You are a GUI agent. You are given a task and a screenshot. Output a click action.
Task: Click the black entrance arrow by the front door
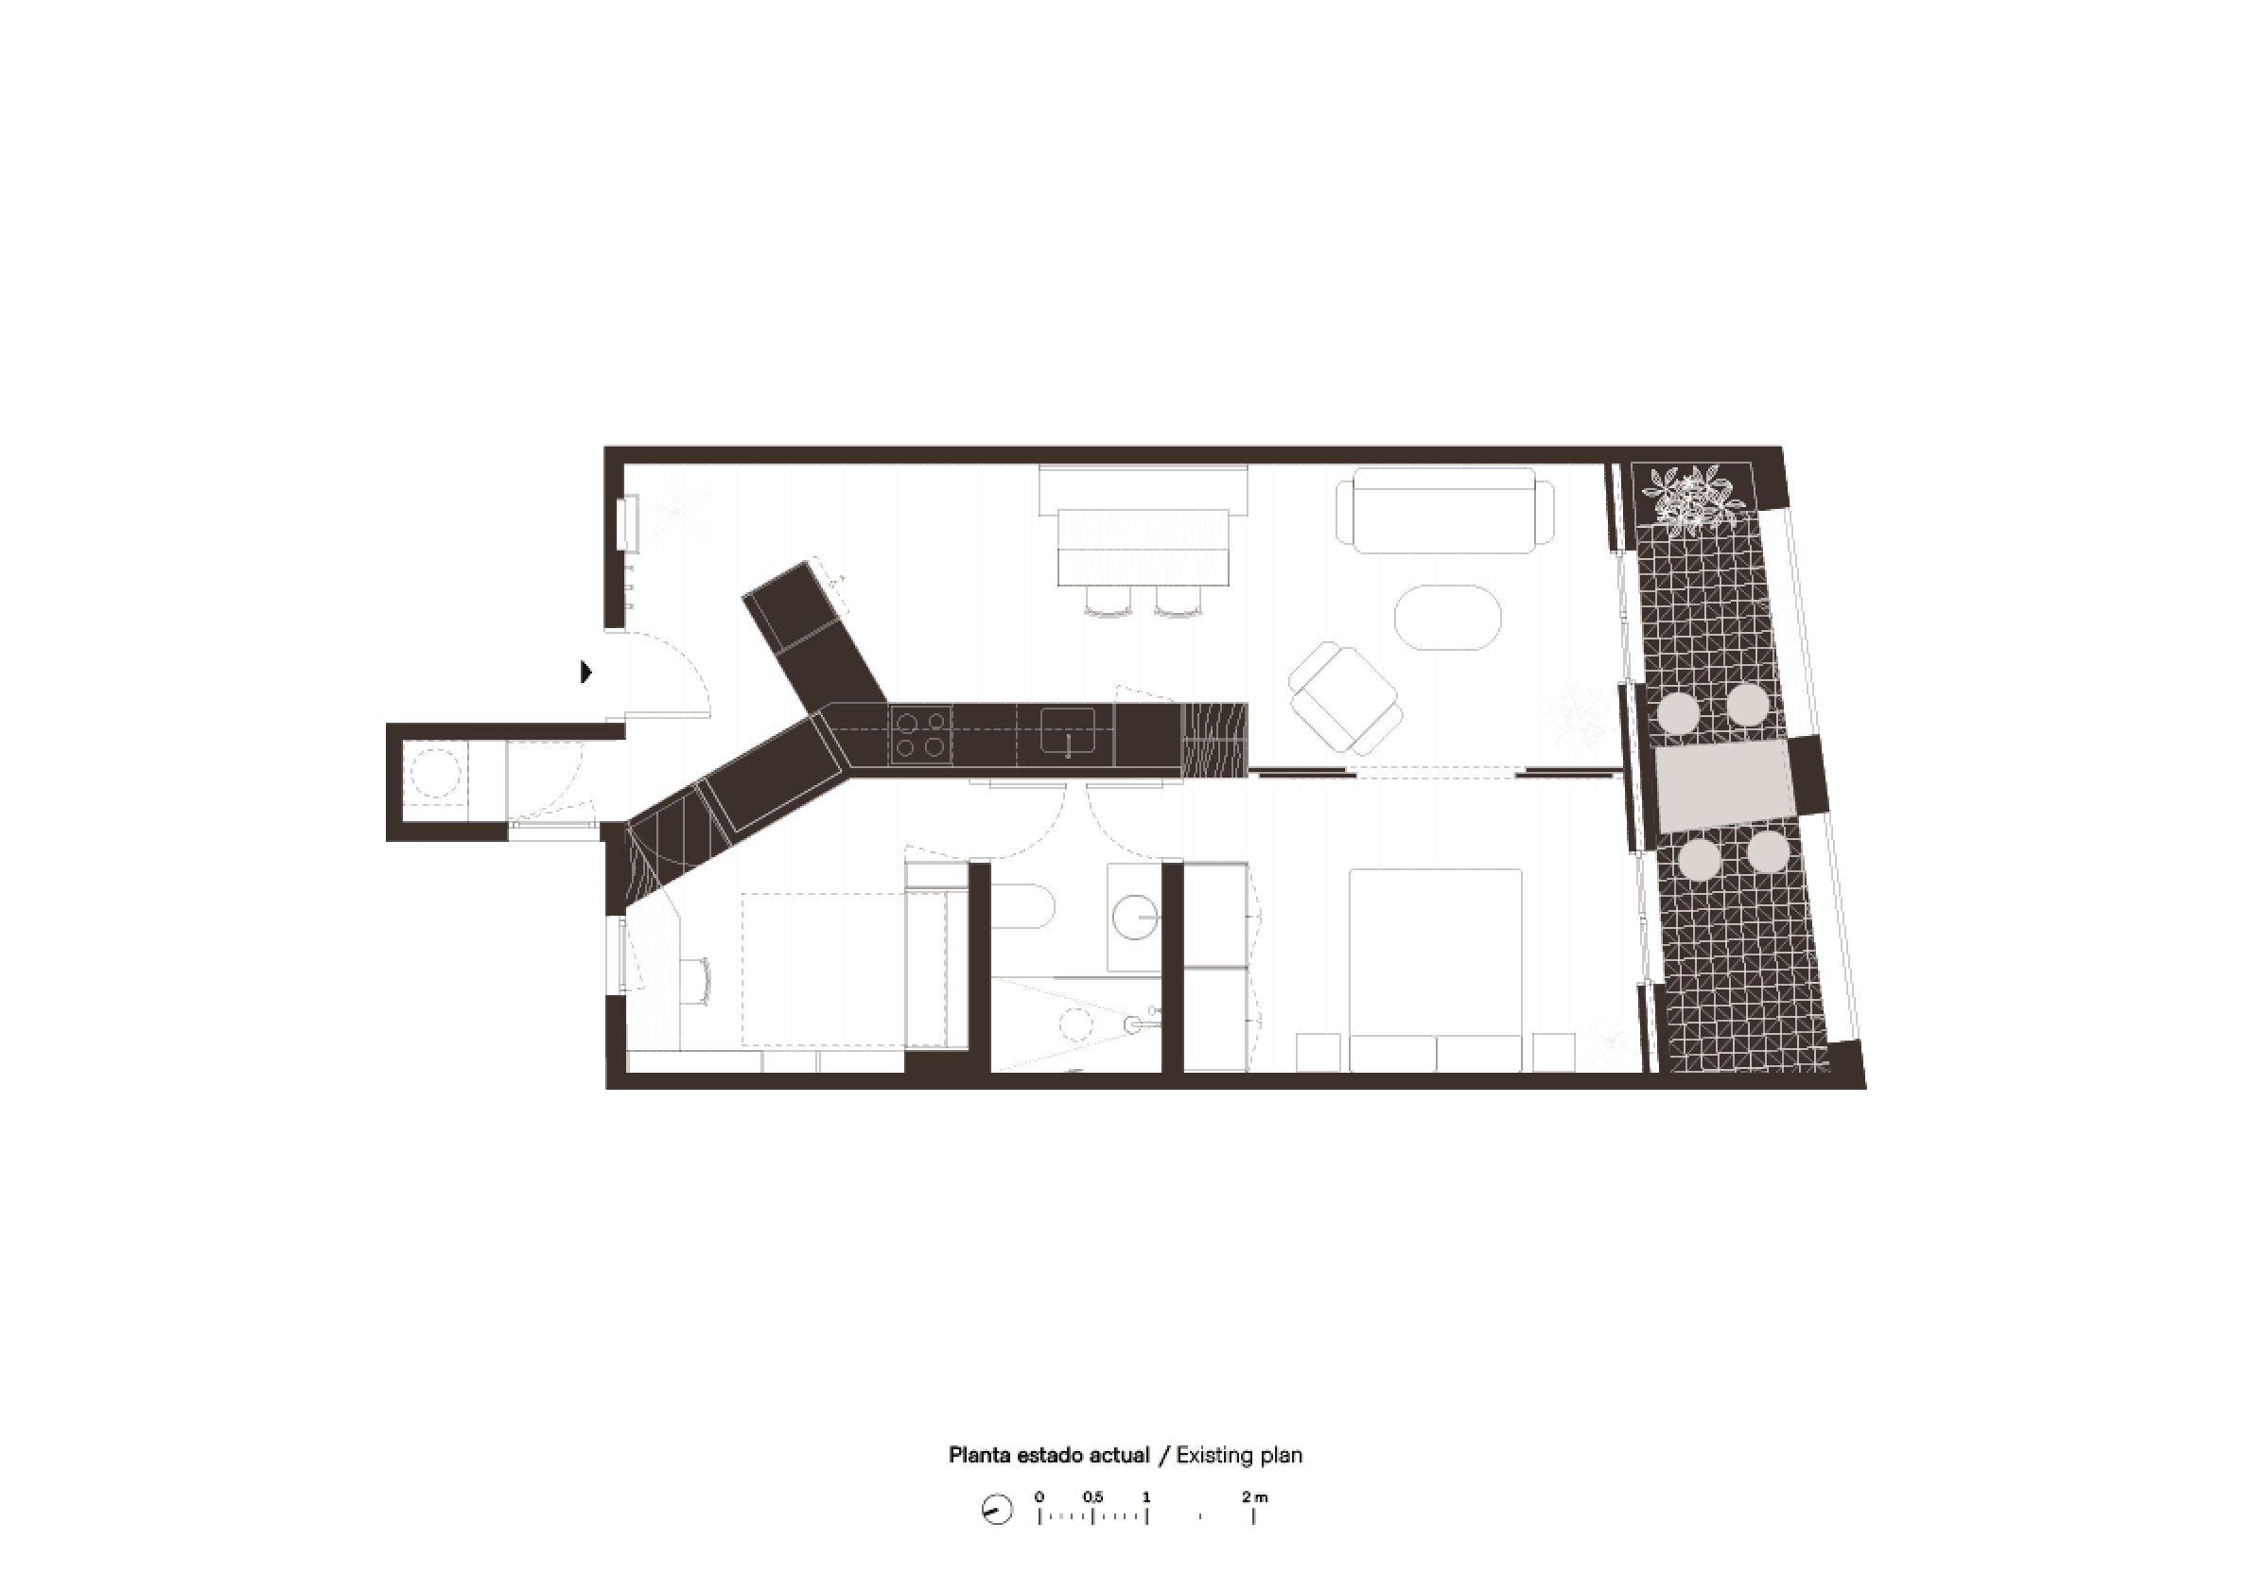click(585, 672)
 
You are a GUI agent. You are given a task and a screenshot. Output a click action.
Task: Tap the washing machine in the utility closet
click(435, 773)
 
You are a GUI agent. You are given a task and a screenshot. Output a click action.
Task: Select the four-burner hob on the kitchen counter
click(920, 735)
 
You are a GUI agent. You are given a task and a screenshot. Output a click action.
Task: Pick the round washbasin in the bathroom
click(1136, 917)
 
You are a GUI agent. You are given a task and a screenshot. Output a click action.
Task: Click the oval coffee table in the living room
click(1447, 618)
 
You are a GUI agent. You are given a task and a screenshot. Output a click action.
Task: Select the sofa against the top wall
click(1444, 511)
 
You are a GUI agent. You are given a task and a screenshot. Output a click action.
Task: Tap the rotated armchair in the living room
click(1344, 697)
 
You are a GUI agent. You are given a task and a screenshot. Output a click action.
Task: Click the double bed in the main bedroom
click(1436, 970)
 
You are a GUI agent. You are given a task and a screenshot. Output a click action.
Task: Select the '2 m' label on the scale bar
click(1254, 1497)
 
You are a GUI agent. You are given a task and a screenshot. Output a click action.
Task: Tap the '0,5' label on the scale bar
click(1093, 1497)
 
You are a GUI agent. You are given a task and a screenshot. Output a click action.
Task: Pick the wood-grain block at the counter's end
click(1214, 740)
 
